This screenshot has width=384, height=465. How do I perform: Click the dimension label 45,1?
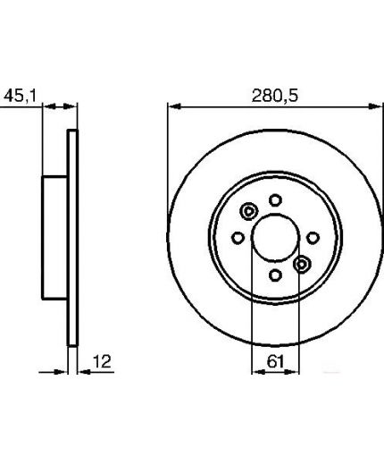pyautogui.click(x=20, y=96)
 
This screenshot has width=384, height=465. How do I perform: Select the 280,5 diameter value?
pyautogui.click(x=274, y=96)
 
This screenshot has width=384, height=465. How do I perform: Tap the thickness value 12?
pyautogui.click(x=102, y=361)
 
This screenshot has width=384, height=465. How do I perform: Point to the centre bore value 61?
pyautogui.click(x=275, y=361)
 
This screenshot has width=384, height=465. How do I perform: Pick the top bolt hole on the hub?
pyautogui.click(x=275, y=199)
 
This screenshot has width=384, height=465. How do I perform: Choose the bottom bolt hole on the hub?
pyautogui.click(x=275, y=275)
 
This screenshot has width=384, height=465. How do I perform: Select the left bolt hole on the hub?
pyautogui.click(x=238, y=238)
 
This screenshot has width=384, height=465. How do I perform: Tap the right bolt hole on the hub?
pyautogui.click(x=313, y=238)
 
